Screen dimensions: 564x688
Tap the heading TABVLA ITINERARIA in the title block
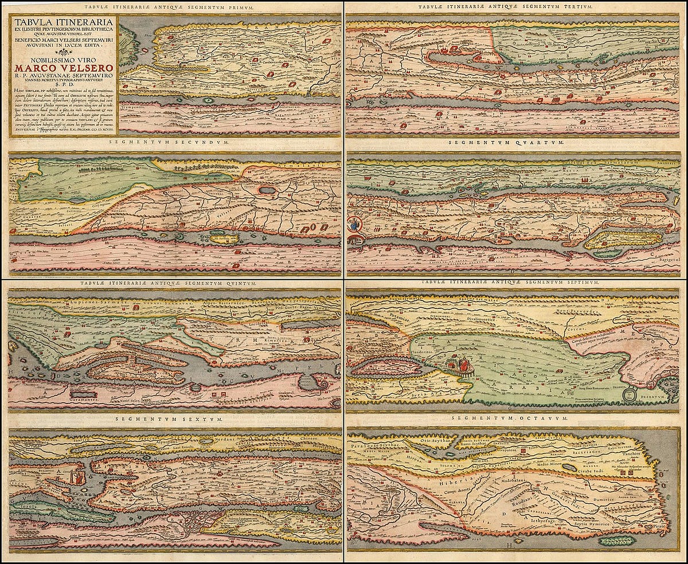tap(62, 23)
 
